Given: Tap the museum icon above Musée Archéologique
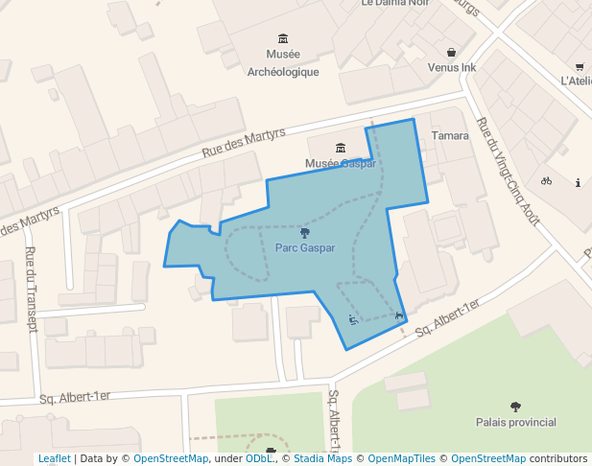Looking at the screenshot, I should click(283, 38).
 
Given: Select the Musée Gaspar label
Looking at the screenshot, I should click(340, 164).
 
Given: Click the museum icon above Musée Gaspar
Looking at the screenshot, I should click(341, 147).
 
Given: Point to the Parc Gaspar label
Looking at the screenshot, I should click(305, 247).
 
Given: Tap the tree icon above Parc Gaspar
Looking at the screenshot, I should click(305, 232).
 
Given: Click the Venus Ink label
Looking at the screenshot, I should click(452, 68).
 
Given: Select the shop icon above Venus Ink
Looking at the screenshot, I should click(452, 52).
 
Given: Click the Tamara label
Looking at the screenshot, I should click(450, 135).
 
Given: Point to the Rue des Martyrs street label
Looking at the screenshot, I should click(244, 143).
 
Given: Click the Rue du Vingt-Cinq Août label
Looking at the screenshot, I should click(509, 170).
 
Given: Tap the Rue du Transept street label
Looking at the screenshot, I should click(31, 289).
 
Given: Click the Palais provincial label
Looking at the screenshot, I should click(516, 422).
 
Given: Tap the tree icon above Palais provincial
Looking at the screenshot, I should click(516, 406).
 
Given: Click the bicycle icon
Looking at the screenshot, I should click(546, 180).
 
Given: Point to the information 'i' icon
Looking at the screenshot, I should click(578, 182).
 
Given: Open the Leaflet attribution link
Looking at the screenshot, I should click(55, 459).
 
